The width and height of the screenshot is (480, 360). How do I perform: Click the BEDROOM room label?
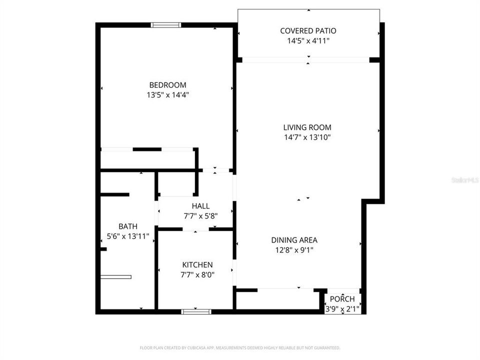[x=167, y=85]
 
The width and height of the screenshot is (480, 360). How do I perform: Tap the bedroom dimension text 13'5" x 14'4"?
[x=167, y=94]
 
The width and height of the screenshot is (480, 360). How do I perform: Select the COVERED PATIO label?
[x=308, y=31]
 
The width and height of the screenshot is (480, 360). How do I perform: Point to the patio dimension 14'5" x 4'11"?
[x=308, y=41]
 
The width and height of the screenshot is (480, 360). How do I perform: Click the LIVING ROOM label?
[x=307, y=127]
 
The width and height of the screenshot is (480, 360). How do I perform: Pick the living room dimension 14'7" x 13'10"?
[x=307, y=137]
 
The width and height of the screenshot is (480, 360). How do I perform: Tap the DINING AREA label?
[x=294, y=240]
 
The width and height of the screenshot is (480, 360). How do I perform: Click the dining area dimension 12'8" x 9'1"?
[x=294, y=250]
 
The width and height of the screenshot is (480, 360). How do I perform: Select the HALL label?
[x=200, y=206]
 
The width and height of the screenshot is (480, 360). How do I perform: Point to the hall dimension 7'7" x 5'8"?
[x=200, y=216]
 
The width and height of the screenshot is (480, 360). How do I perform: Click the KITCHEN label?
[x=197, y=264]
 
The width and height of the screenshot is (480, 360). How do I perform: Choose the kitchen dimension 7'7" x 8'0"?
[x=197, y=274]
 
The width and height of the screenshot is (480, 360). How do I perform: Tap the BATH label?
[x=128, y=226]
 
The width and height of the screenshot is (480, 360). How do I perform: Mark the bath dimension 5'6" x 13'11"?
[x=128, y=236]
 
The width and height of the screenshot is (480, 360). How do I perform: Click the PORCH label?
[x=342, y=299]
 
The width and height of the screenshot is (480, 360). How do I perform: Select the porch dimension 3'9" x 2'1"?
[x=342, y=308]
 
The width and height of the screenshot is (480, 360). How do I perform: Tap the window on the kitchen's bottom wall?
[x=196, y=311]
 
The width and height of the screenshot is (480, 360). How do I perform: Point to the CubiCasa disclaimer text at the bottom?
[x=240, y=347]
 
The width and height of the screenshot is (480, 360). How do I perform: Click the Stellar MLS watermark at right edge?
[x=465, y=178]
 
